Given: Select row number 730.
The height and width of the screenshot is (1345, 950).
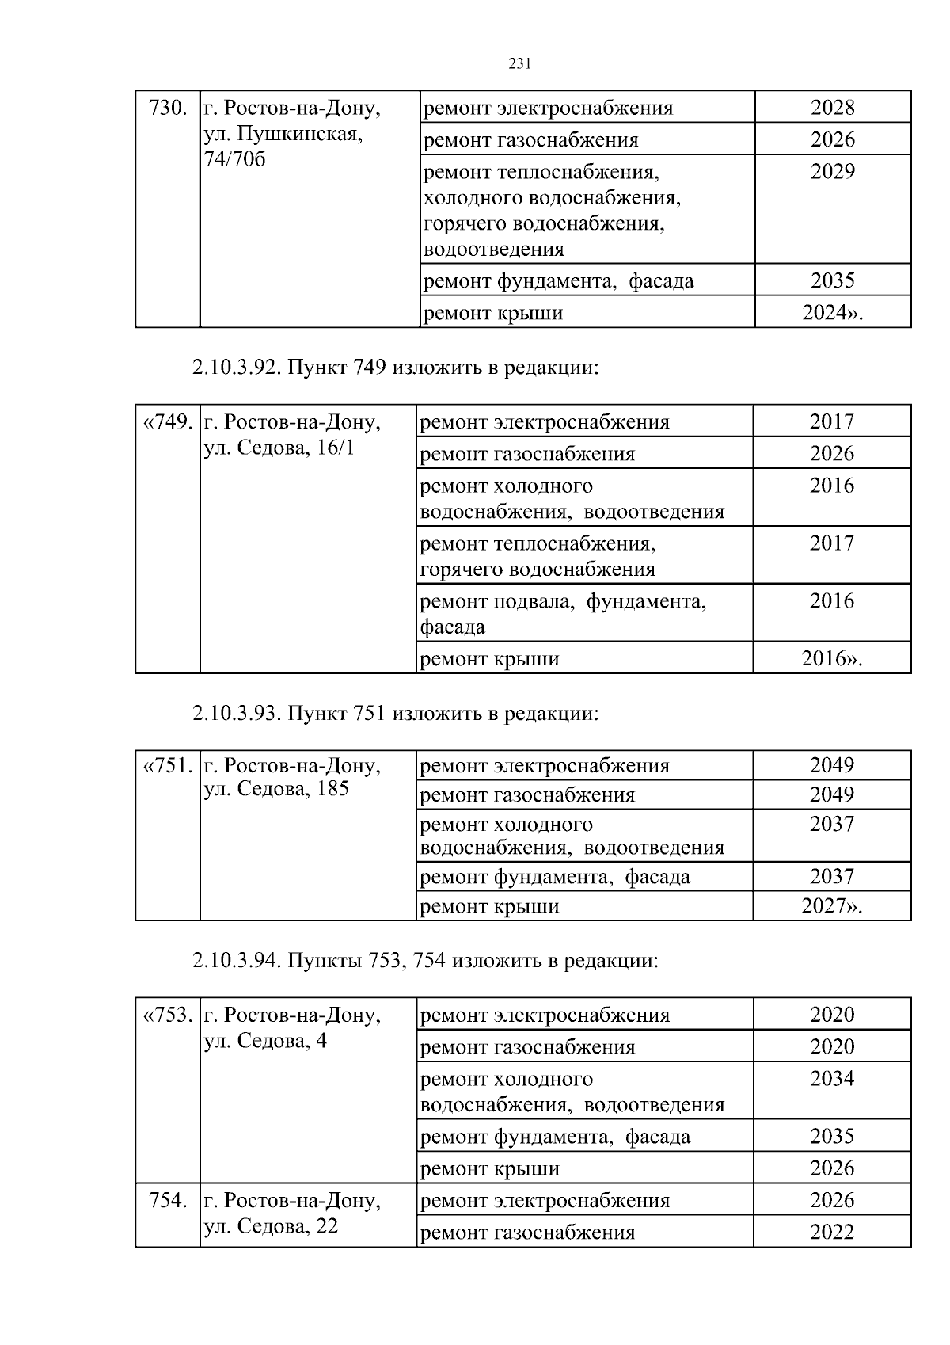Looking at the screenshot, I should coord(168,109).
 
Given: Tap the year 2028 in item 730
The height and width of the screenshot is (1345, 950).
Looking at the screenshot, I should coord(832,108).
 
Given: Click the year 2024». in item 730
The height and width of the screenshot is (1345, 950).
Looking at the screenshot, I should coord(832,313).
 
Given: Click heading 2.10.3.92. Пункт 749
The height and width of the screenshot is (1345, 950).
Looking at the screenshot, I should coord(395,368).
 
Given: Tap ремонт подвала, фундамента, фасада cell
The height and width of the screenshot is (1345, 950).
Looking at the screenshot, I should coord(562,614).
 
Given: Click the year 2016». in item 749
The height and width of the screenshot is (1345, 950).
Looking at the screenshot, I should coord(831,658).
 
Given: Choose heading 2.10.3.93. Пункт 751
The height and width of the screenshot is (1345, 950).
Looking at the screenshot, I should coord(395,714).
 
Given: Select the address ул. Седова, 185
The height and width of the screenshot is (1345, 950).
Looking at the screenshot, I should coord(276,790).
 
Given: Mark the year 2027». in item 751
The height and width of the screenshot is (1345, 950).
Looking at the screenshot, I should coord(831,906).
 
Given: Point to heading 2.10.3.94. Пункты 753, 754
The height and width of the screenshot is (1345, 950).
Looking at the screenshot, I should coord(425,962).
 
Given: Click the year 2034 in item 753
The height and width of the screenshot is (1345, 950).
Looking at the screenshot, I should coord(832,1079).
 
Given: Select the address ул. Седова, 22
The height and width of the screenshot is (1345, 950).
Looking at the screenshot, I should coord(271,1226).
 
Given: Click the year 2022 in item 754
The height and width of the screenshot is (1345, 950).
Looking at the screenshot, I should coord(832,1233).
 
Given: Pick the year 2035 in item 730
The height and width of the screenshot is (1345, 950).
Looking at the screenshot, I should coord(832,281).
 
